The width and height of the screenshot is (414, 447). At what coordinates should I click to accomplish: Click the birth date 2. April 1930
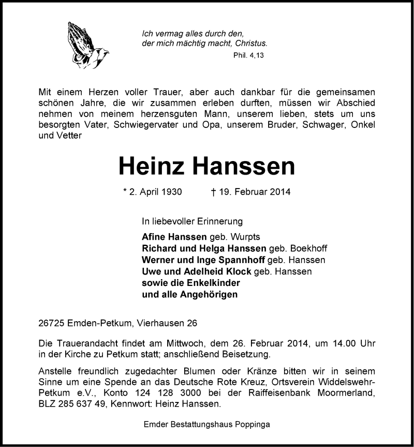[x=156, y=192]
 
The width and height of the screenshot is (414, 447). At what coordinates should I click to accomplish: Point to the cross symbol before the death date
[x=213, y=192]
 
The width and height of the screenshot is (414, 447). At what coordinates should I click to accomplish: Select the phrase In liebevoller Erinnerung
[x=192, y=221]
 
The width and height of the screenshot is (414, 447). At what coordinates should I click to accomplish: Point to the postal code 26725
[x=52, y=323]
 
